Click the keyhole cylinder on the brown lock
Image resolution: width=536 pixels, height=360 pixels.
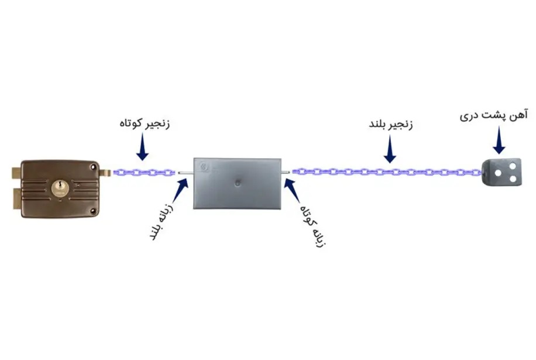click(x=60, y=188)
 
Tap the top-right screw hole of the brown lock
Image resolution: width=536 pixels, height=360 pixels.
click(x=93, y=166)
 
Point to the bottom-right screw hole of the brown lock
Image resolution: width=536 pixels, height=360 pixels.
click(x=93, y=211)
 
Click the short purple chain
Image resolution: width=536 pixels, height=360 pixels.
click(x=144, y=172)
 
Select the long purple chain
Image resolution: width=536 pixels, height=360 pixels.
click(x=387, y=172)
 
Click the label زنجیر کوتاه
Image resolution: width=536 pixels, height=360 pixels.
click(x=145, y=124)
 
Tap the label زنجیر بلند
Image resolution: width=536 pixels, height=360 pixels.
click(x=391, y=124)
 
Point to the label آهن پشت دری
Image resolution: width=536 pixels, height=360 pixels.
click(x=494, y=115)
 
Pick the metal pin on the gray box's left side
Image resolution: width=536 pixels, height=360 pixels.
click(x=185, y=173)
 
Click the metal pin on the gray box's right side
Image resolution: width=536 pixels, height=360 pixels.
click(x=286, y=172)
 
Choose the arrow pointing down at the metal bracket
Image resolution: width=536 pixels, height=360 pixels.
click(x=499, y=141)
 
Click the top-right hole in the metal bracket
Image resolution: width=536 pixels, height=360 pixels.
click(x=513, y=166)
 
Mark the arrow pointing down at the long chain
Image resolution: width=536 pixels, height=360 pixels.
click(x=390, y=149)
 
